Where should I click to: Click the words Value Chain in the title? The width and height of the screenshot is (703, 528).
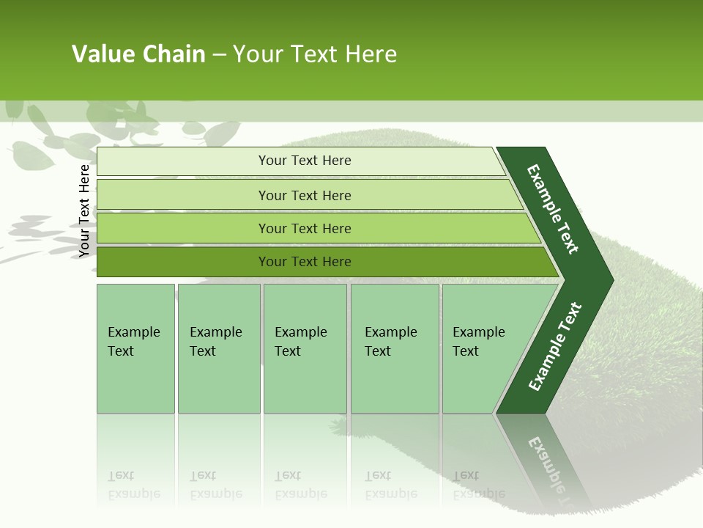click(138, 54)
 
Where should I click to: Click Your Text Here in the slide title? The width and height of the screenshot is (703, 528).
click(315, 54)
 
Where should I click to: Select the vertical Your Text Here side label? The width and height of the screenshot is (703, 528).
click(84, 210)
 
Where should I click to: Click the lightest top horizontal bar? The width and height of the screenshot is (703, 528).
click(183, 161)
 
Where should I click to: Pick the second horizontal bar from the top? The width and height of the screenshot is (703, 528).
click(183, 195)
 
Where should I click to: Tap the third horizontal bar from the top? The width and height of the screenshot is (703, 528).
click(183, 229)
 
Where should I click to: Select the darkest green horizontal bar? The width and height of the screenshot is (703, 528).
click(183, 262)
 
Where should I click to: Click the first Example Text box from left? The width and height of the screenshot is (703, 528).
click(135, 348)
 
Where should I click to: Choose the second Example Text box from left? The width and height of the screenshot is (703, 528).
click(218, 348)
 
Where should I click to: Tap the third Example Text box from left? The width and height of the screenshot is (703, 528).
click(305, 348)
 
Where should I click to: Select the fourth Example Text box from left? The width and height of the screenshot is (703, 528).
click(395, 348)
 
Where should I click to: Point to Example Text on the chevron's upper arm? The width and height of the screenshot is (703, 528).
click(553, 209)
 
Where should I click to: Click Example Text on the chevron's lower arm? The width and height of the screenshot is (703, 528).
click(554, 347)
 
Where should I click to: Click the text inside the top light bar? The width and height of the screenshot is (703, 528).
click(305, 161)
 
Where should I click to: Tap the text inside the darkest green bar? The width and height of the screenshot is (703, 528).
click(305, 262)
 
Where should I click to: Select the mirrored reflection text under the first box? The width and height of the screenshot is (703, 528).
click(133, 485)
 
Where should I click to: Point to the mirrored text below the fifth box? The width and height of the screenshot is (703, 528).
click(478, 485)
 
